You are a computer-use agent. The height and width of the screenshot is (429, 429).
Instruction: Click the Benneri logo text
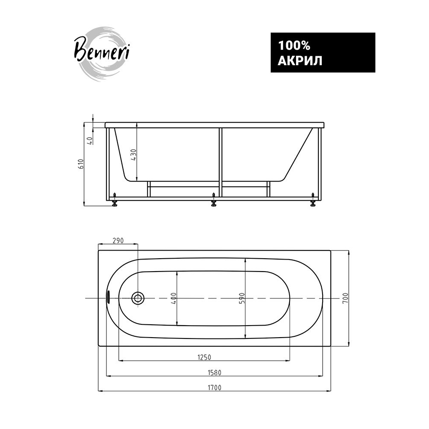[102, 51]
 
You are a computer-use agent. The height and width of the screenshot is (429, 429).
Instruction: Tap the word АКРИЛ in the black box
[300, 61]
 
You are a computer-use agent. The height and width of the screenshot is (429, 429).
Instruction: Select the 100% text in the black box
[294, 45]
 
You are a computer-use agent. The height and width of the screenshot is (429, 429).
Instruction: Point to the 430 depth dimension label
[133, 155]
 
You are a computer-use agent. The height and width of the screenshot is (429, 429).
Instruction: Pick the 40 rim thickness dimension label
[90, 141]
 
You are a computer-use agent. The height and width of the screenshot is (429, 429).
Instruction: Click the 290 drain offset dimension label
[118, 241]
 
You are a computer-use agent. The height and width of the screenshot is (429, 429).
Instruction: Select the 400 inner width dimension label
[174, 298]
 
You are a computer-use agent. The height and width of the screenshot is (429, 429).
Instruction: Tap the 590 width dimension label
[242, 298]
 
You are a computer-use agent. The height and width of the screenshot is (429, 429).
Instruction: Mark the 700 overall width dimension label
[345, 298]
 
